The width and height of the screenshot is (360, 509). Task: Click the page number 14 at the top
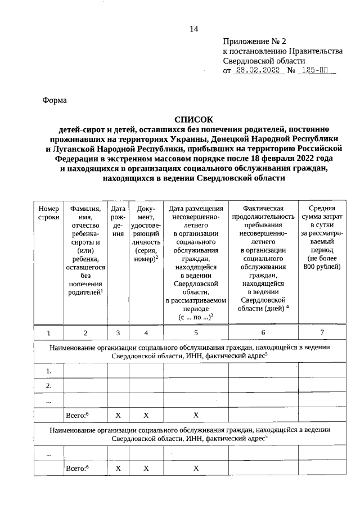pos(194,29)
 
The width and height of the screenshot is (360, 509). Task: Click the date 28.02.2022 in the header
pos(258,71)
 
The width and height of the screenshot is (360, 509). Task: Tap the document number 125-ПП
pos(317,71)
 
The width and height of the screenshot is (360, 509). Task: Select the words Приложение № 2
pos(254,41)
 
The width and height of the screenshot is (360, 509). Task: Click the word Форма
pos(55,100)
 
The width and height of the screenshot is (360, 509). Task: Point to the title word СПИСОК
pos(193,119)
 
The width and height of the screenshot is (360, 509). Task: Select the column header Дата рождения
pos(118,220)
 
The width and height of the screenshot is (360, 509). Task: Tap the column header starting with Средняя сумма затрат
pos(322,236)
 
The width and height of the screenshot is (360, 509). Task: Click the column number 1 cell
pos(49,333)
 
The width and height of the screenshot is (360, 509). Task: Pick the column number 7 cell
pos(322,333)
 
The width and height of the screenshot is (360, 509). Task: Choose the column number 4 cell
pos(146,333)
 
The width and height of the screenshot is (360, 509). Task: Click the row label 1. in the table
pos(49,371)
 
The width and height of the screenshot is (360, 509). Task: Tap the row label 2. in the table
pos(49,385)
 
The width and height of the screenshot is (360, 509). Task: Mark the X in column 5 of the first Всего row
pos(196,415)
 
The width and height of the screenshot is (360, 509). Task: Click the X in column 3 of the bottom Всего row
pos(118,467)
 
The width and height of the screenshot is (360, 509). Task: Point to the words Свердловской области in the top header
pos(264,61)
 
